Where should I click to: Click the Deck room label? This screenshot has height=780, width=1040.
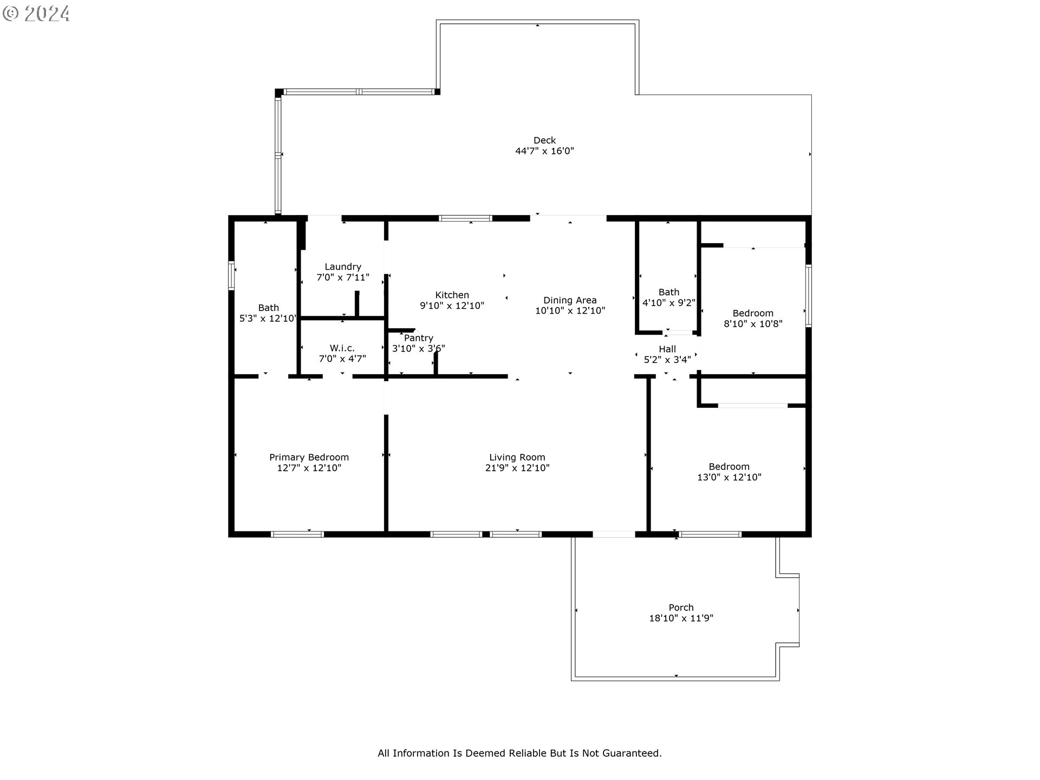pos(544,140)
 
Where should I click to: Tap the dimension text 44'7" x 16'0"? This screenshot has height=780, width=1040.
pos(544,151)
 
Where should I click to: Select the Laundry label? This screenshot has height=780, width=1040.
pos(343,267)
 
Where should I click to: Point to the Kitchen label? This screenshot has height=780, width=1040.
pos(452,295)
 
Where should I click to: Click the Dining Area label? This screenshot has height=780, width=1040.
pos(570,300)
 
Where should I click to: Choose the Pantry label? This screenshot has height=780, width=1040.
pos(419,338)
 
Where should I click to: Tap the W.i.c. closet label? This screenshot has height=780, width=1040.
pos(342,348)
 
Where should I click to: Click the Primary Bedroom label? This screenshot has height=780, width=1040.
pos(309,458)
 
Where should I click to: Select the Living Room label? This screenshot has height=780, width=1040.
pos(517,458)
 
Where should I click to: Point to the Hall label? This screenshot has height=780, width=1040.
pos(667,349)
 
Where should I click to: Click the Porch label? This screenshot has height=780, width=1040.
pos(681,608)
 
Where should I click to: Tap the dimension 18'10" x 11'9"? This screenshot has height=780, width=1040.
pos(681,619)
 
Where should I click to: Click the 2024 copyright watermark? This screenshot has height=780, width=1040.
pos(37,13)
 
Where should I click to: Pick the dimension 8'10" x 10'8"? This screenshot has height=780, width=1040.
pos(753,324)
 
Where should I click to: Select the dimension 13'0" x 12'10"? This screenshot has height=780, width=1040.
pos(729,477)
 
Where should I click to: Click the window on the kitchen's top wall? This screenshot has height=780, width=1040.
pos(465,218)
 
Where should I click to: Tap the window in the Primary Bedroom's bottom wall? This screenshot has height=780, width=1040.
pos(297,534)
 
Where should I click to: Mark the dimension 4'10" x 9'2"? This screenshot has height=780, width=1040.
pos(669,303)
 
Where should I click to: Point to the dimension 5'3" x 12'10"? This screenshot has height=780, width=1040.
pos(268,318)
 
